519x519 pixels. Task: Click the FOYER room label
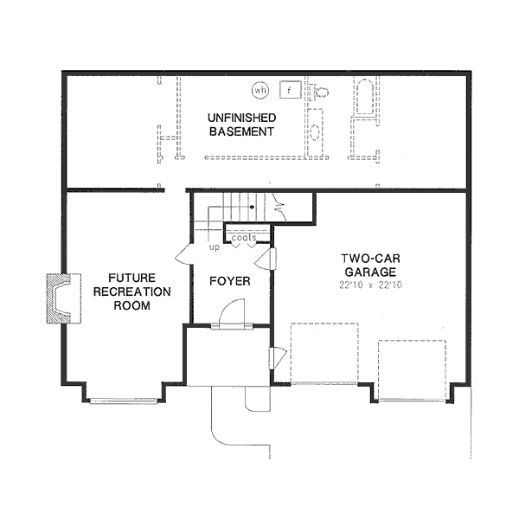click(229, 282)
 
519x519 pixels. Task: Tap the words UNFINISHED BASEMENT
click(240, 125)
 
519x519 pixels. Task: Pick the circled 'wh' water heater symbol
click(260, 89)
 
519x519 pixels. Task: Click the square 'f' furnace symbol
click(290, 89)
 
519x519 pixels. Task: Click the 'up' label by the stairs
click(214, 247)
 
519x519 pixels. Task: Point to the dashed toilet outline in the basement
click(321, 91)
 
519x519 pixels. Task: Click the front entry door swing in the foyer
click(232, 314)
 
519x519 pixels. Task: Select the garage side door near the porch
click(278, 357)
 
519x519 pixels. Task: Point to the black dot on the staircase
click(252, 208)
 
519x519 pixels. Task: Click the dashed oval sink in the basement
click(315, 132)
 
